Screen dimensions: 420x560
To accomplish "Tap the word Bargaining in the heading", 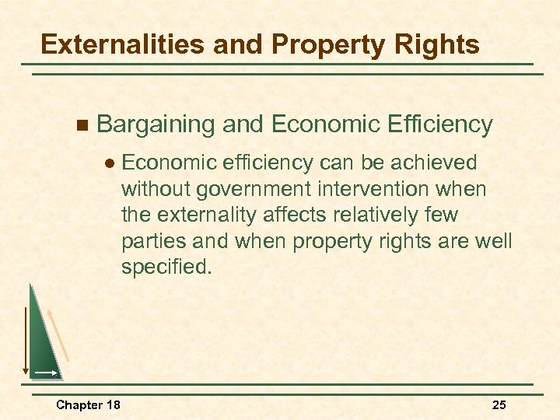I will point(156,124).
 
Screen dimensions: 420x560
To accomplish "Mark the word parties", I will point(150,241).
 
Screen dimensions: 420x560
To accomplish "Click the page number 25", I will point(500,404).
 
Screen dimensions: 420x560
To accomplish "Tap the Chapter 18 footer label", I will point(88,404).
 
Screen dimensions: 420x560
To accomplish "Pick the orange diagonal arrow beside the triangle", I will point(59,335).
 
